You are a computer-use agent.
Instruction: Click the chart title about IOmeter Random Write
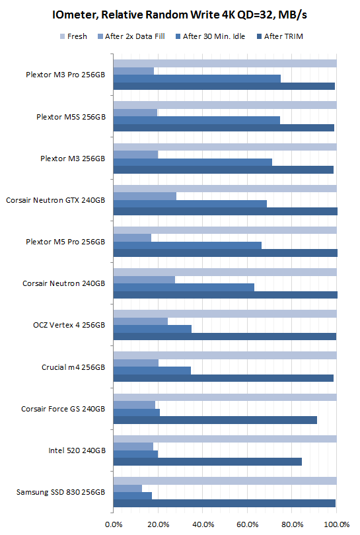pyautogui.click(x=180, y=15)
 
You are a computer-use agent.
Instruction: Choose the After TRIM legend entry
pyautogui.click(x=283, y=36)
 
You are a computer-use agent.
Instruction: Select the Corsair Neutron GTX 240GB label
pyautogui.click(x=55, y=199)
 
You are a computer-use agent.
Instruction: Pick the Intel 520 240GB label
pyautogui.click(x=77, y=450)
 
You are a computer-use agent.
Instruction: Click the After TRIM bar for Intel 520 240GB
pyautogui.click(x=207, y=462)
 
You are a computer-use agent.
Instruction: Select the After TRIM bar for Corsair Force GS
pyautogui.click(x=215, y=420)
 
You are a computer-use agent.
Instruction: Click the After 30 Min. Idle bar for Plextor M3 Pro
pyautogui.click(x=197, y=79)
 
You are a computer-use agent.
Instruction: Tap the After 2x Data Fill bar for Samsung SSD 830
pyautogui.click(x=127, y=487)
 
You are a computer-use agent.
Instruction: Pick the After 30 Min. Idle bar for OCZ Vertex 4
pyautogui.click(x=153, y=328)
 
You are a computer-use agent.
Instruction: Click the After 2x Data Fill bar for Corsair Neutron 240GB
pyautogui.click(x=144, y=279)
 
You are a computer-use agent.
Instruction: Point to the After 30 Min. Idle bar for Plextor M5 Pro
pyautogui.click(x=188, y=245)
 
